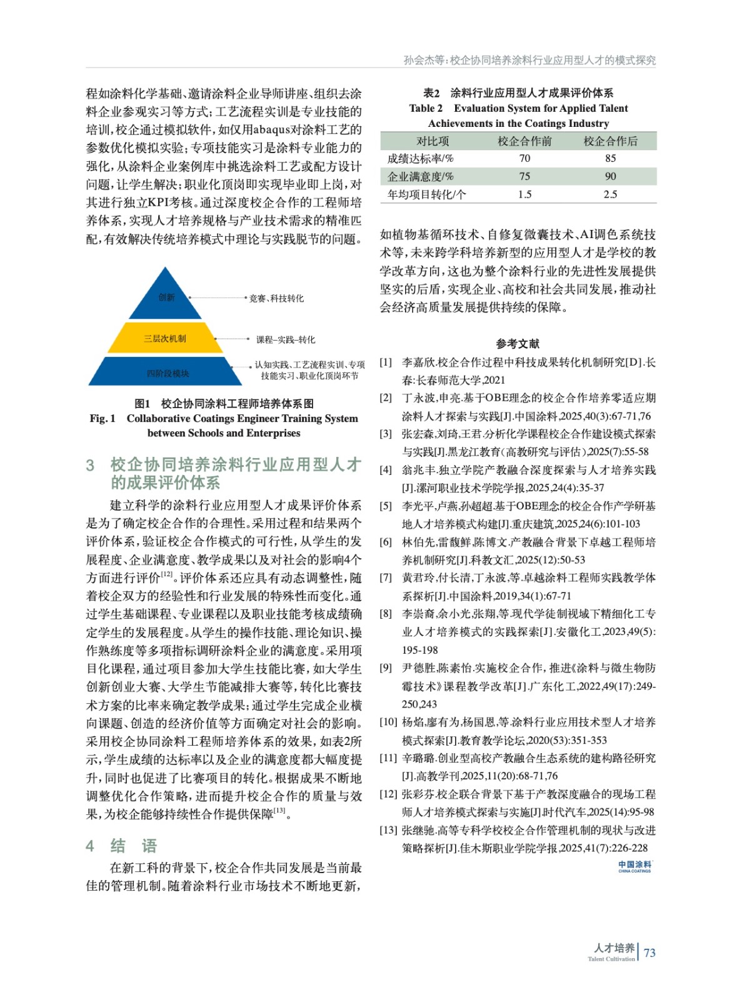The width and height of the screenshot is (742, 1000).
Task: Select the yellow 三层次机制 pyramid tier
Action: pos(165,339)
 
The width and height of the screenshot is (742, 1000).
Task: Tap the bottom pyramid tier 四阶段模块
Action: pos(167,373)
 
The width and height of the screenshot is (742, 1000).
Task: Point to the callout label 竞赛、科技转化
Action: pos(276,299)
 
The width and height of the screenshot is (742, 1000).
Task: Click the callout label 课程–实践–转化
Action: pos(286,340)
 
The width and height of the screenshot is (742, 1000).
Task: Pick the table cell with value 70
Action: pos(524,159)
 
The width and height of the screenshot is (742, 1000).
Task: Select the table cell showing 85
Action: pos(610,159)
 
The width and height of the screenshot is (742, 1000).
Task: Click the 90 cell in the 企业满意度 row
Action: pos(610,176)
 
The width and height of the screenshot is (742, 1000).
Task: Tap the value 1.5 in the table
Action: pos(524,194)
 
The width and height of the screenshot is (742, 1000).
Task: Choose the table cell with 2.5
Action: pos(610,194)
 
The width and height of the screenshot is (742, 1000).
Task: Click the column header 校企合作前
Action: pos(524,141)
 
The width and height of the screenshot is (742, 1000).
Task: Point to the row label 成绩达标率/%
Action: pos(420,159)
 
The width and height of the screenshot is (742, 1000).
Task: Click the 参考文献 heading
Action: pos(518,344)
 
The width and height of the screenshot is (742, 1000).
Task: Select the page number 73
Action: pos(649,952)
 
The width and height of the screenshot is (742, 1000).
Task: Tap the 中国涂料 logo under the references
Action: pos(634,866)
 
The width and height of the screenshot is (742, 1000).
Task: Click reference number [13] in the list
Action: pos(388,830)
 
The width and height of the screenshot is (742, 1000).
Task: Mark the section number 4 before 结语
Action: pos(90,846)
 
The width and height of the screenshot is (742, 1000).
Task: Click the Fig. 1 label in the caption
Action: pos(103,419)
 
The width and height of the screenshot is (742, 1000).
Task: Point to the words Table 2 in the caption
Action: pos(426,108)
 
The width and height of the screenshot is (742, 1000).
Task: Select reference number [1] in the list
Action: pos(386,362)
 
